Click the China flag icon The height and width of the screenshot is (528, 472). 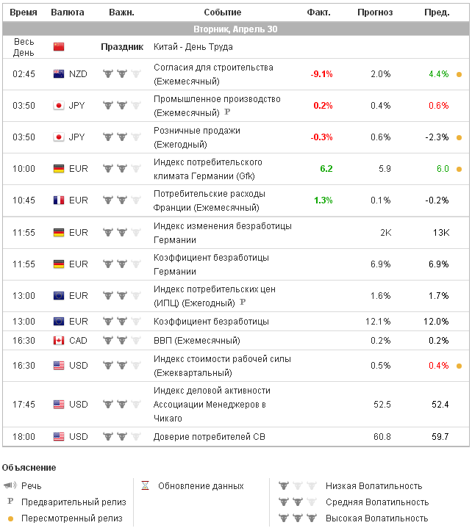tap(59, 47)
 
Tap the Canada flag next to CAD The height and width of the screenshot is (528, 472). tap(59, 341)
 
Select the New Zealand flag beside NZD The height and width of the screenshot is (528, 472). tap(59, 74)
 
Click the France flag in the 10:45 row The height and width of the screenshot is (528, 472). tap(59, 200)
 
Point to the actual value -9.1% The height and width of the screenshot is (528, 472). tap(321, 74)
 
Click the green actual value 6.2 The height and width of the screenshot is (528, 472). tap(326, 169)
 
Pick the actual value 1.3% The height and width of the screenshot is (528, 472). tap(323, 200)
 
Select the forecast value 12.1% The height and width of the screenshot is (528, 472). tap(378, 322)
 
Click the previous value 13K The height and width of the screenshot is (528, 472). tap(440, 233)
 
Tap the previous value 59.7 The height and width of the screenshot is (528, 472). tap(440, 437)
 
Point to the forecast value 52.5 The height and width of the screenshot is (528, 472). tap(382, 405)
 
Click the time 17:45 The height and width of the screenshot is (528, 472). tap(24, 405)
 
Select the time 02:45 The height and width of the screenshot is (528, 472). tap(24, 74)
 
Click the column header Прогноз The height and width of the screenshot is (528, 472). tap(375, 12)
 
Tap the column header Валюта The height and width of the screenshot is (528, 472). tap(68, 12)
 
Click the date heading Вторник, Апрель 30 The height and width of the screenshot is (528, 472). tap(235, 29)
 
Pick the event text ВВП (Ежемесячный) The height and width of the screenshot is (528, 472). tap(196, 341)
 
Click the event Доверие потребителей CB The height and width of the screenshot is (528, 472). tap(209, 437)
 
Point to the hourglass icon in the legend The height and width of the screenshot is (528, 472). tap(146, 486)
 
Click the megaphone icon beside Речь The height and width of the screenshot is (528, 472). tap(10, 486)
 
